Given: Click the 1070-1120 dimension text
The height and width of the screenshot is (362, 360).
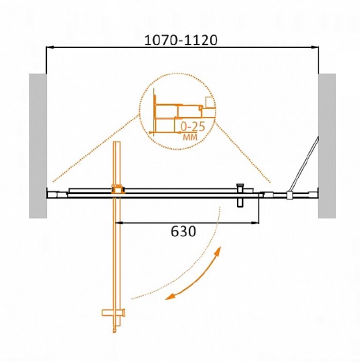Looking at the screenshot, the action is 181,40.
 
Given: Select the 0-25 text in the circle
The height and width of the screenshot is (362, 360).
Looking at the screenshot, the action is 193,127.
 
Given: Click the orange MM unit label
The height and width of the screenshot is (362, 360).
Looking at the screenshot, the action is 190,137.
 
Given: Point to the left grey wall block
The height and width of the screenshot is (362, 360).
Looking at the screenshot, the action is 38,146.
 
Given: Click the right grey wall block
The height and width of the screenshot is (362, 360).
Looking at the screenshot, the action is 327,146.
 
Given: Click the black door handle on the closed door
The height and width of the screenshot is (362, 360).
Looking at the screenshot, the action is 240,195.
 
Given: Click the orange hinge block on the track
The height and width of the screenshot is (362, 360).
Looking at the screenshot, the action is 118,190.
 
